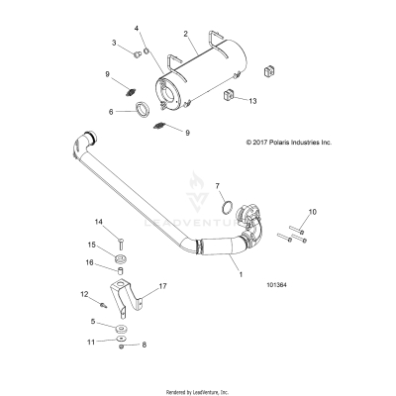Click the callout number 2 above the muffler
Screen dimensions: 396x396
click(x=185, y=34)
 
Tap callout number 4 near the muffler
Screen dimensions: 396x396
click(x=138, y=29)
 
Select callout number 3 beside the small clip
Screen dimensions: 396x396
click(x=115, y=44)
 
